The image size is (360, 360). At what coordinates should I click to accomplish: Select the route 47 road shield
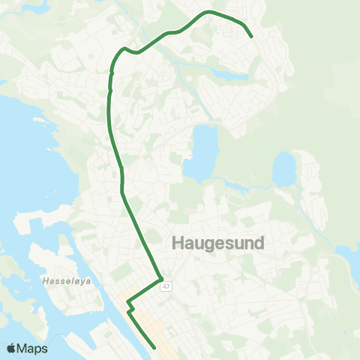click(166, 286)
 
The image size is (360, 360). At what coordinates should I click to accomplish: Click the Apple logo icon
click(12, 348)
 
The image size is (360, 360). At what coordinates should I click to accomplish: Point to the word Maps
click(34, 348)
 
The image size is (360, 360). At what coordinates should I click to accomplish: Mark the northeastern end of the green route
click(251, 36)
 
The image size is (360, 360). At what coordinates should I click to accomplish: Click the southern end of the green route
click(154, 347)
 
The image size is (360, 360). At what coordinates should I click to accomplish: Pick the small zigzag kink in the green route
click(130, 307)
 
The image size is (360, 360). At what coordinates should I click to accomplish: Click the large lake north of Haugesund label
click(202, 154)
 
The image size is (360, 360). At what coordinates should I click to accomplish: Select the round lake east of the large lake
click(284, 169)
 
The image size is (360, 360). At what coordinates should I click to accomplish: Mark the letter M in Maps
click(24, 348)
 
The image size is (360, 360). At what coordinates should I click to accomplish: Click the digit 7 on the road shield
click(168, 286)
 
